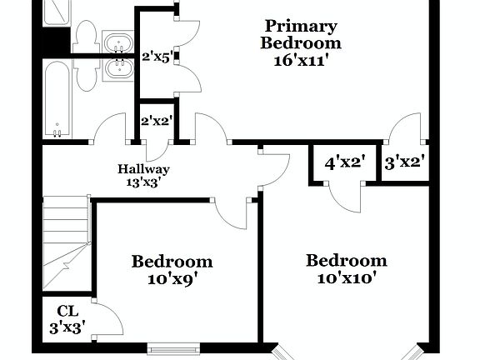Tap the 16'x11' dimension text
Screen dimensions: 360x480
coord(301,60)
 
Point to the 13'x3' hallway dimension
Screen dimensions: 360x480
coord(143,182)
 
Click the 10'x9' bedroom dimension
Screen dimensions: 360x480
coord(171,279)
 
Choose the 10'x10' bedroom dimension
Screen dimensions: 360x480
coord(346,278)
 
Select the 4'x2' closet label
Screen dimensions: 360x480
coord(345,162)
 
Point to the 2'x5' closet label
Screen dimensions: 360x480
coord(156,57)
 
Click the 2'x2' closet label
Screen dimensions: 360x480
coord(156,121)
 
